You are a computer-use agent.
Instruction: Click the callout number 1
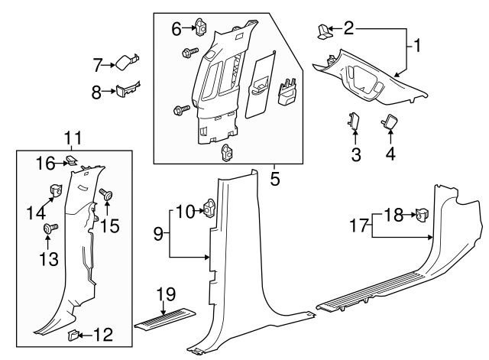click(418, 45)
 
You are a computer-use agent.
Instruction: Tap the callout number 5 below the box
click(275, 180)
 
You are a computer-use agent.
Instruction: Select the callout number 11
click(73, 138)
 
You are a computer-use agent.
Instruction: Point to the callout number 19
click(165, 294)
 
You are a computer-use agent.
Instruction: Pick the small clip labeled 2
click(324, 31)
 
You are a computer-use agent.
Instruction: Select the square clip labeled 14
click(56, 190)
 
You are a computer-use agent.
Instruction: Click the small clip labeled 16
click(70, 161)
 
